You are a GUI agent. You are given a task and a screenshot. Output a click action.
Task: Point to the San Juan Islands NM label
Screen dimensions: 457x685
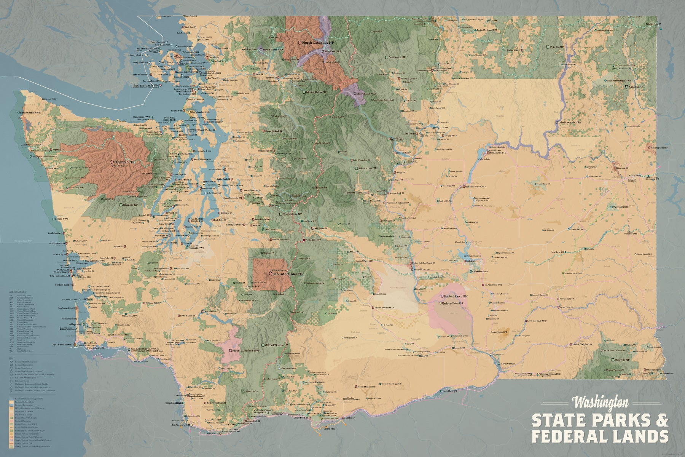(146, 86)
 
